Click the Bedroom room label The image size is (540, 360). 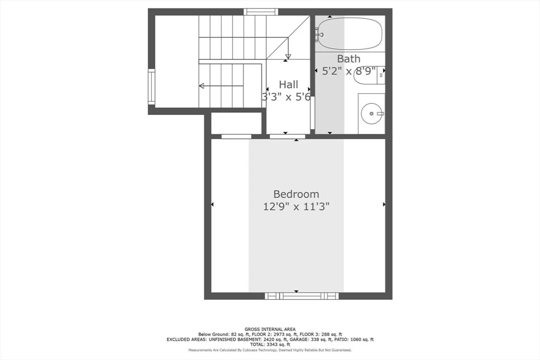click(296, 194)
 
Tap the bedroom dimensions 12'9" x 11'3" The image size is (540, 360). click(296, 207)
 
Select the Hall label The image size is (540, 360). click(288, 84)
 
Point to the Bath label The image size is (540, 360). click(349, 59)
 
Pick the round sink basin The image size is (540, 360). click(372, 113)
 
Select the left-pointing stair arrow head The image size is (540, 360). click(201, 86)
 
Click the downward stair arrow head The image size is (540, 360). click(288, 56)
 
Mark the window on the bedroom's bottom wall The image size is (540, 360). click(302, 296)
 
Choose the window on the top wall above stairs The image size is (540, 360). click(261, 12)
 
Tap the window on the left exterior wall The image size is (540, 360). click(151, 86)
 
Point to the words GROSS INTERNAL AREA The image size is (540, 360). click(270, 329)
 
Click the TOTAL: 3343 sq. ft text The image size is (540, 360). click(270, 345)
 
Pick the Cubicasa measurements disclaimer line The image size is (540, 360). click(270, 350)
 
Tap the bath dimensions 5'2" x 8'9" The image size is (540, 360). click(349, 71)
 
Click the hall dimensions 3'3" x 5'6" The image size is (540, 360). click(286, 97)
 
